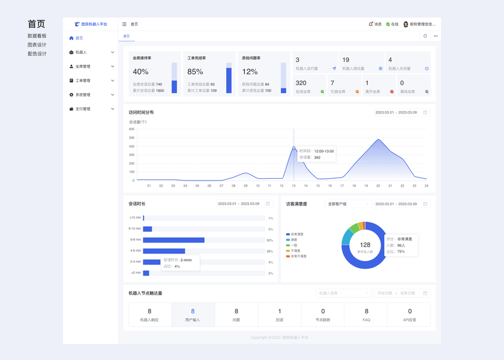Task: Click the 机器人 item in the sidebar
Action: coord(81,52)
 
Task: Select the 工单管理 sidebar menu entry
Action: coord(83,80)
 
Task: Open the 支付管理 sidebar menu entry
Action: coord(83,109)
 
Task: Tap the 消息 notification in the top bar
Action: coord(375,24)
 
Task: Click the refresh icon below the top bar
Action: coord(425,36)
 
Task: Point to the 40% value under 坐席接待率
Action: coord(140,72)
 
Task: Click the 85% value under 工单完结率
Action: coord(196,72)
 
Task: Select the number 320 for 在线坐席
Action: coord(301,83)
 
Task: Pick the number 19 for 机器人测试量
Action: coord(346,60)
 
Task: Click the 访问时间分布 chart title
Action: coord(141,112)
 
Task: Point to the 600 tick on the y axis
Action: coord(131,129)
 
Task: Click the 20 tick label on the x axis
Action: coord(378,185)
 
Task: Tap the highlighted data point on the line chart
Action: coord(294,148)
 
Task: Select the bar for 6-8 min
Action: coord(174,240)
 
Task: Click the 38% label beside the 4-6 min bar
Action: coord(270,251)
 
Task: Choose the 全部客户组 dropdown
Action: coord(348,204)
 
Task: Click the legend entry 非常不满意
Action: coord(298,256)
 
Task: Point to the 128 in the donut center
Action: coord(365,244)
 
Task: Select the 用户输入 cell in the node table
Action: coord(193,314)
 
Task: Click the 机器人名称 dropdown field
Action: coord(344,293)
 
